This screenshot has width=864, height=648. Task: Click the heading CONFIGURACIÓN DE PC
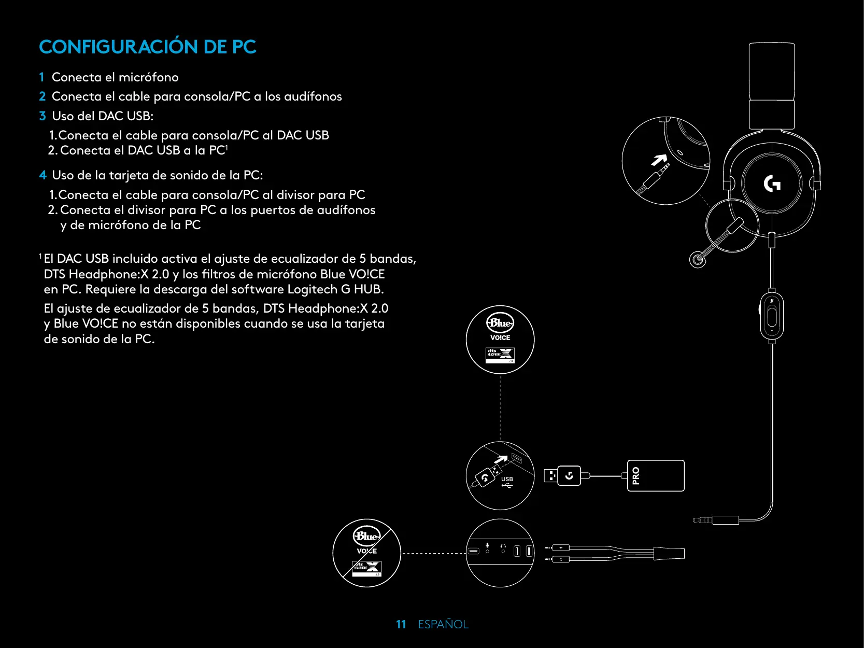(x=148, y=47)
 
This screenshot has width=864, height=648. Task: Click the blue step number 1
(x=41, y=77)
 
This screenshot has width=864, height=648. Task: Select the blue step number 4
(x=43, y=175)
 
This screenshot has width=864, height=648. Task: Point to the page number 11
(x=401, y=624)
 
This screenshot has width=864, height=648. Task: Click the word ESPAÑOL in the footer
(x=443, y=624)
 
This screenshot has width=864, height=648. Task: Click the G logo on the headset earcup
(x=772, y=184)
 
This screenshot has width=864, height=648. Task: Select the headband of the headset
(x=772, y=86)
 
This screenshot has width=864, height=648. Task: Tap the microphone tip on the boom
(x=698, y=259)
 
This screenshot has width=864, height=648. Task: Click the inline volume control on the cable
(x=772, y=316)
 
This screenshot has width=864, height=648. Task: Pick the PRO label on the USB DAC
(x=636, y=475)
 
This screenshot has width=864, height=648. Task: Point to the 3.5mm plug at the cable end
(x=703, y=520)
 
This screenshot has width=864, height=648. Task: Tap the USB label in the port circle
(x=507, y=480)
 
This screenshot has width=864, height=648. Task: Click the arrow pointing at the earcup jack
(x=659, y=160)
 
